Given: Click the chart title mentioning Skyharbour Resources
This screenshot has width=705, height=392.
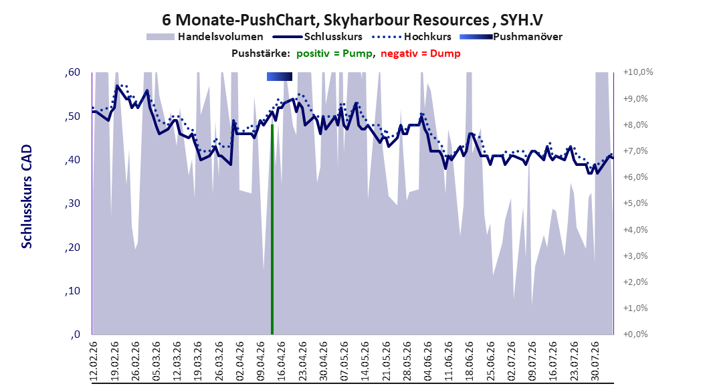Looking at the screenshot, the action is (352, 20).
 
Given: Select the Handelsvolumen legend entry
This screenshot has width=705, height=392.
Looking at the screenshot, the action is (205, 37).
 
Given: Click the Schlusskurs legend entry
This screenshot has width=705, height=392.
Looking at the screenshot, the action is (318, 37).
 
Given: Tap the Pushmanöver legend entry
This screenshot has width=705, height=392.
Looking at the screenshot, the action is (511, 37).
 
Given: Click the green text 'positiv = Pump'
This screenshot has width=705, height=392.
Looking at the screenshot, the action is (334, 54).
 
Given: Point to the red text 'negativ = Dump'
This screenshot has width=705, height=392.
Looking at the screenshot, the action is (421, 54).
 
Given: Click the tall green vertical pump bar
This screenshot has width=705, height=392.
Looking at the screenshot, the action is (272, 229).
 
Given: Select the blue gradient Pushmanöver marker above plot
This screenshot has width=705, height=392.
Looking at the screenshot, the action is (279, 77).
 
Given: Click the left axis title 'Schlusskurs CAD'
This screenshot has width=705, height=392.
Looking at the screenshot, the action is (27, 197).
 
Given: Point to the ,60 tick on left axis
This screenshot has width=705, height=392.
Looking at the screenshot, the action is (72, 72).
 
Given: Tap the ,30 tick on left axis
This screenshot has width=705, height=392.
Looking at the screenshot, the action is (72, 203).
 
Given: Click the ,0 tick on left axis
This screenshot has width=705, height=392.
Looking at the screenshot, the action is (75, 334).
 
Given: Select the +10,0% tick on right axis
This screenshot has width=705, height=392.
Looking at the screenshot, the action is (638, 72).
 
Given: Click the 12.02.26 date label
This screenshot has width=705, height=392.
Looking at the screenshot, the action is (94, 361).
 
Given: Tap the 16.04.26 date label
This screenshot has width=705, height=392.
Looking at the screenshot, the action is (282, 361).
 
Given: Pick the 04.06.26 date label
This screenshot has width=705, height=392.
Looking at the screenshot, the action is (427, 361).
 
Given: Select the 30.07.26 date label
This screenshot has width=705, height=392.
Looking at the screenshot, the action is (595, 361).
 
